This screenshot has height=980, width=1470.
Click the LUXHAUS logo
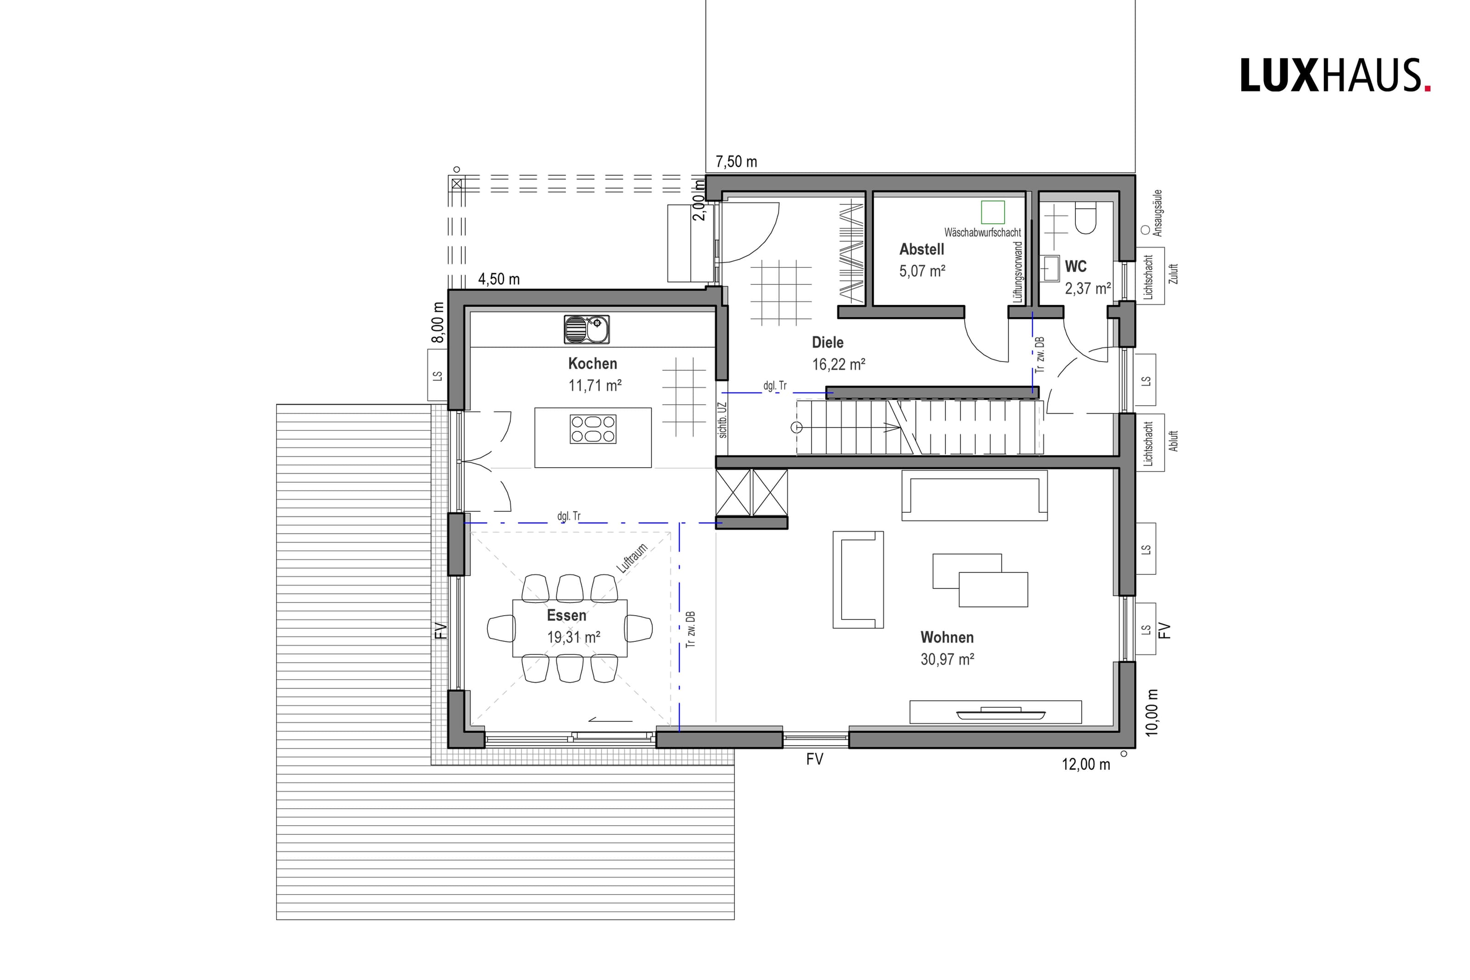click(1335, 76)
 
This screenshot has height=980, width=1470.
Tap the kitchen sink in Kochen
click(586, 329)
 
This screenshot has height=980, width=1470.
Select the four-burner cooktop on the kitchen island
click(593, 430)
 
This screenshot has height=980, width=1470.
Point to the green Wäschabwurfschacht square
click(992, 212)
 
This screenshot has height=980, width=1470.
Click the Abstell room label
click(922, 249)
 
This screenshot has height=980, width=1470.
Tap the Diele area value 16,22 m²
click(838, 364)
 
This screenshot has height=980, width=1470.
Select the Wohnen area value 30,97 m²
click(947, 659)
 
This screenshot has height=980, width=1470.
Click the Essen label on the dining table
click(566, 615)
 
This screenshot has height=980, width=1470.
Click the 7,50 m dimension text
click(736, 162)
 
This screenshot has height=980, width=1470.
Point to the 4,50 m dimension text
click(498, 279)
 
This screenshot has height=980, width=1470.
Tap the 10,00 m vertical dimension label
click(1153, 713)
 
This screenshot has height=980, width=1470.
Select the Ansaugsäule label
click(1158, 213)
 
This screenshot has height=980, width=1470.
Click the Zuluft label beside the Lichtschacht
click(1173, 274)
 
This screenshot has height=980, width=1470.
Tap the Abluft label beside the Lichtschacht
click(1173, 441)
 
